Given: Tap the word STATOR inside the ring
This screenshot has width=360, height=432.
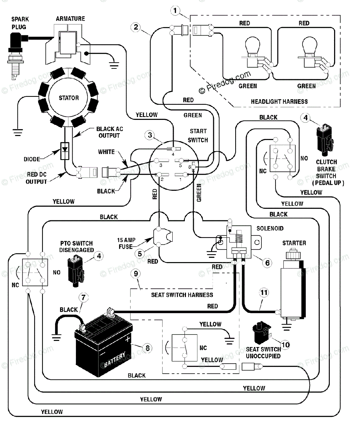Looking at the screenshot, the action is [x=69, y=98].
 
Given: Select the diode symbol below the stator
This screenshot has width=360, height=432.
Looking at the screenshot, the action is [x=65, y=151].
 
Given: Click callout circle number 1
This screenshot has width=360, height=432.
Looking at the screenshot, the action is [x=175, y=10].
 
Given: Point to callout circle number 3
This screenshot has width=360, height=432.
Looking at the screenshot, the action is [x=150, y=135].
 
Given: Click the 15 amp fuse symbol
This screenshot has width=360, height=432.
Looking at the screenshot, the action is [x=163, y=237].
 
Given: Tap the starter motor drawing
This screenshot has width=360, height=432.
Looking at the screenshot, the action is [x=293, y=285].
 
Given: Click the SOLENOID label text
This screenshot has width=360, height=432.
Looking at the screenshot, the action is [x=270, y=228].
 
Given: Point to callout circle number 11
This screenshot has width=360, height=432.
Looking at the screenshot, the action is [x=264, y=293].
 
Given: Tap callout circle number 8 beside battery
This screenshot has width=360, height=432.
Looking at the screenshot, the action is [x=147, y=348].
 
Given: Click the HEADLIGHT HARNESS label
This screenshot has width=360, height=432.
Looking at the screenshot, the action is [x=279, y=102].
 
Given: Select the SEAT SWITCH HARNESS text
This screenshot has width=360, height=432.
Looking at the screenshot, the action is [x=182, y=295].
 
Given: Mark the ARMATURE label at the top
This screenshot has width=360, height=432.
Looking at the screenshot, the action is [x=70, y=19].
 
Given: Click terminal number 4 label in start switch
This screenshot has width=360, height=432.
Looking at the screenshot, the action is [x=173, y=154].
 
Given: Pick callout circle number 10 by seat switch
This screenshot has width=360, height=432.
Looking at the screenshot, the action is [x=286, y=345].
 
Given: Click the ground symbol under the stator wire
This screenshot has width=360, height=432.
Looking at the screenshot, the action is [x=18, y=132].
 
